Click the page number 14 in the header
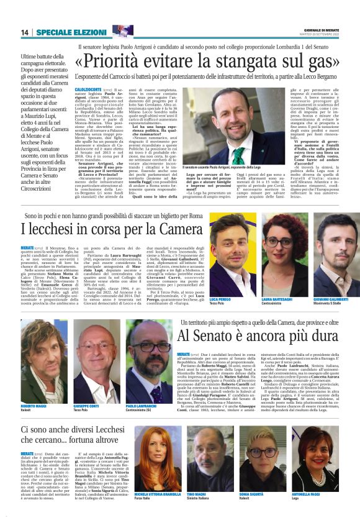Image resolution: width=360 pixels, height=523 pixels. click(25, 32)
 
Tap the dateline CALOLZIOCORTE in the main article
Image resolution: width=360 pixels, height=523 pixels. click(88, 89)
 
